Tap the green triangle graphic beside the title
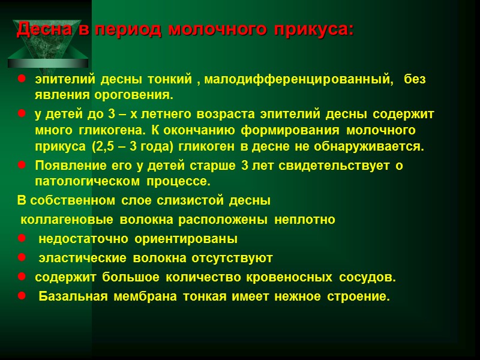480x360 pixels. point(48,51)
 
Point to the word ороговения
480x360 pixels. point(137,95)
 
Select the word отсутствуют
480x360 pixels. point(232,259)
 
